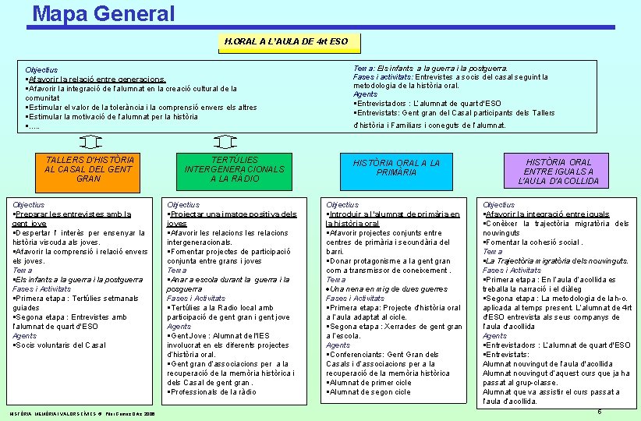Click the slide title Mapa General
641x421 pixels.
coord(104,13)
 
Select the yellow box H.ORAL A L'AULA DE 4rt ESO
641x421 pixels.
coord(286,41)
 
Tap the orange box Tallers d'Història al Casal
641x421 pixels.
coord(90,168)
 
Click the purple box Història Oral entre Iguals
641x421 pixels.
coord(558,172)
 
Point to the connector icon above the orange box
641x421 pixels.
coord(90,142)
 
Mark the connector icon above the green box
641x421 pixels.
coord(225,142)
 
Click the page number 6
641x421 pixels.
coord(599,411)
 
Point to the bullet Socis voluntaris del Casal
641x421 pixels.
coord(59,345)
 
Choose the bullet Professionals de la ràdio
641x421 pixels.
coord(211,391)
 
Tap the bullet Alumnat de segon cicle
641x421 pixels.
coord(370,391)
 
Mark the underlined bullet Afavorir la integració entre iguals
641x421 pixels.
coord(546,214)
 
